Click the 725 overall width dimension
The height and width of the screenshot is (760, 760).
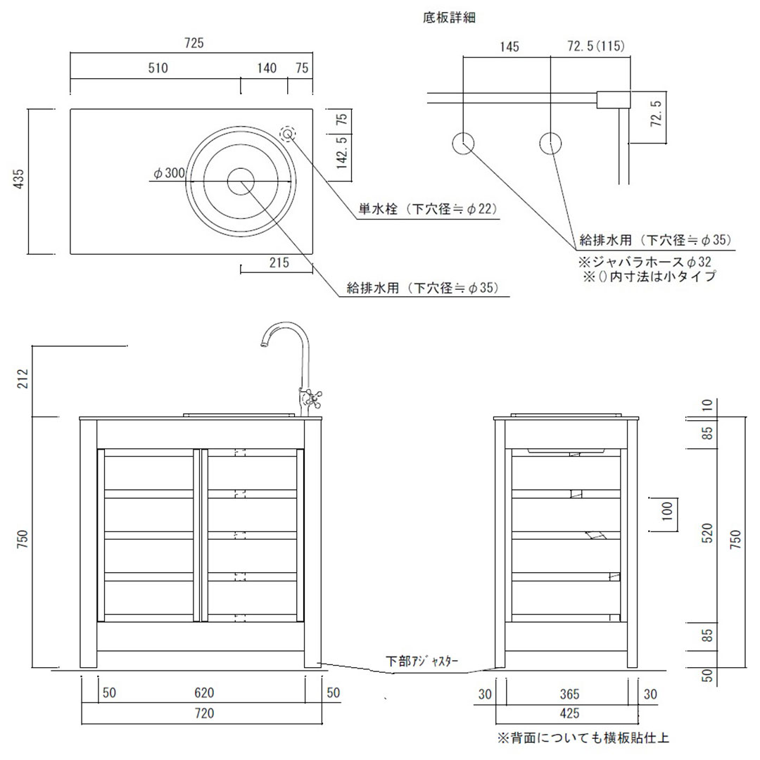click(x=194, y=44)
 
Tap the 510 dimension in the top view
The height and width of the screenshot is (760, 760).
click(x=158, y=68)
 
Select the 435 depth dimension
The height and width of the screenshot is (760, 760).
click(x=18, y=182)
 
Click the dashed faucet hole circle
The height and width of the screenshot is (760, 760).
click(x=288, y=134)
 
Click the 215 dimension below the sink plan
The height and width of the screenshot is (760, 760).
click(x=279, y=262)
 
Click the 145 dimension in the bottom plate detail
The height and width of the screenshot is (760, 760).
click(x=509, y=47)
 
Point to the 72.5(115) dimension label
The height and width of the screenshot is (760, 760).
click(x=596, y=47)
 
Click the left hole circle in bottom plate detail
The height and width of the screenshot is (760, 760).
click(x=462, y=144)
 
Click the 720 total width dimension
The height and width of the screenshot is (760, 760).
click(x=203, y=714)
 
